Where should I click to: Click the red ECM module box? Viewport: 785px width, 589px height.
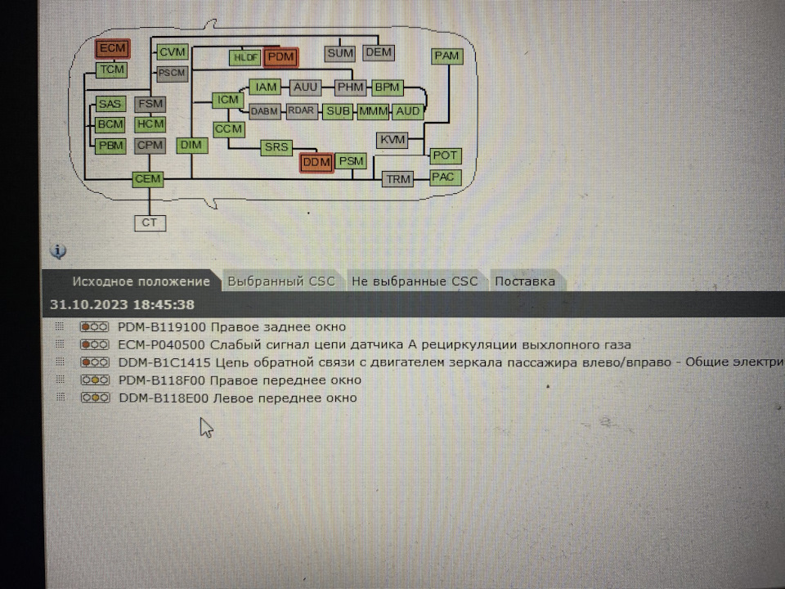pyautogui.click(x=113, y=48)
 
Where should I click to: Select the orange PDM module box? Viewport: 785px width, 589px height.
pyautogui.click(x=280, y=57)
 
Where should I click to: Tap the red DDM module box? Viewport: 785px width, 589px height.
pyautogui.click(x=316, y=163)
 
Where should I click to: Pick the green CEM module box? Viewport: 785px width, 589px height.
pyautogui.click(x=148, y=179)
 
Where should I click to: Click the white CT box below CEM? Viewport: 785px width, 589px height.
pyautogui.click(x=150, y=223)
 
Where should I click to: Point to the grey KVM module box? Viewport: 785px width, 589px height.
pyautogui.click(x=392, y=140)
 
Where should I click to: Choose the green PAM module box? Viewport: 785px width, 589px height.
pyautogui.click(x=446, y=56)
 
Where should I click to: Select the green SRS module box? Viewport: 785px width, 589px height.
pyautogui.click(x=276, y=147)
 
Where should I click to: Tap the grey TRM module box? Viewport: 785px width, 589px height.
pyautogui.click(x=398, y=179)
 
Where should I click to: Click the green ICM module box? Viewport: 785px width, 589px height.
pyautogui.click(x=228, y=100)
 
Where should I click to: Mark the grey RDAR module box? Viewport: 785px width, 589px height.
pyautogui.click(x=302, y=111)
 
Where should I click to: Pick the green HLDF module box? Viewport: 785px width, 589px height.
pyautogui.click(x=245, y=57)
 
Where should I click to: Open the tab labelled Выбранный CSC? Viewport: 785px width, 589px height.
pyautogui.click(x=281, y=281)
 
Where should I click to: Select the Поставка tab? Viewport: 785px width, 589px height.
pyautogui.click(x=525, y=281)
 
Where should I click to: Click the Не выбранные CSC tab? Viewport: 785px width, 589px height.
pyautogui.click(x=415, y=281)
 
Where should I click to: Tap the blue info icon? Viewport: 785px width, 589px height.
pyautogui.click(x=58, y=251)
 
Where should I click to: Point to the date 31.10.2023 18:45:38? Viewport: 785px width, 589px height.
pyautogui.click(x=122, y=304)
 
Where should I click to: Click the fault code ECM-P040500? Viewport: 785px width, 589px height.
pyautogui.click(x=161, y=344)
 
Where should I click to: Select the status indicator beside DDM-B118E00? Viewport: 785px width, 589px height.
pyautogui.click(x=95, y=398)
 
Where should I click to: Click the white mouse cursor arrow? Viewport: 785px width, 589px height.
pyautogui.click(x=206, y=428)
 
